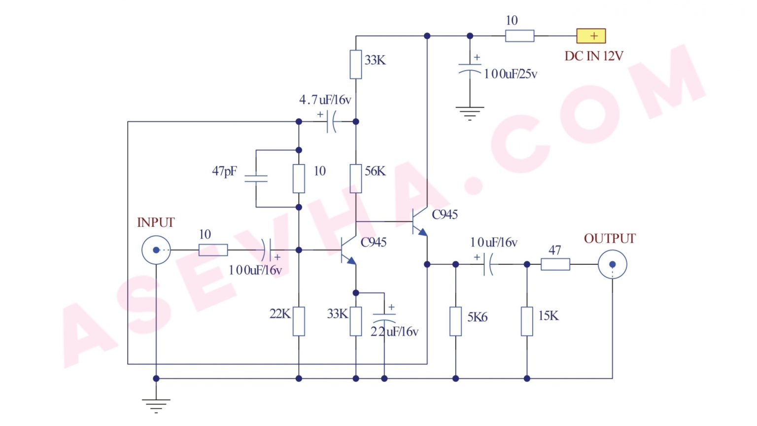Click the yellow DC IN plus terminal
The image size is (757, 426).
(591, 36)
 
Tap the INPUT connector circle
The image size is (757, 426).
(156, 250)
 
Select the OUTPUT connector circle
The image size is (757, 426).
(613, 265)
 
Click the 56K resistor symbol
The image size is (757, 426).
(356, 178)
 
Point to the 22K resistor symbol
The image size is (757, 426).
(299, 321)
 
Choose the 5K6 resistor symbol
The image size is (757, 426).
(455, 321)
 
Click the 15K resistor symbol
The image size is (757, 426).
(527, 321)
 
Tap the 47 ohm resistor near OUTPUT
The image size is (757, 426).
(555, 265)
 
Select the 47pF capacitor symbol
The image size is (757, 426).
(256, 178)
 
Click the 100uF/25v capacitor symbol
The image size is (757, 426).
(470, 69)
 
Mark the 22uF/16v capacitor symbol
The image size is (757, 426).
(384, 318)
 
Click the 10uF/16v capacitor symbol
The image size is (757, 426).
(487, 265)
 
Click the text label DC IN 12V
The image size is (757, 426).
(594, 56)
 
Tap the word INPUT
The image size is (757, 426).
(156, 223)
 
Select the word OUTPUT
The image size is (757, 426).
(610, 239)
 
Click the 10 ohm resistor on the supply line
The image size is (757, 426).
(519, 36)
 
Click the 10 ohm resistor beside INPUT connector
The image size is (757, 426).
(213, 250)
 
